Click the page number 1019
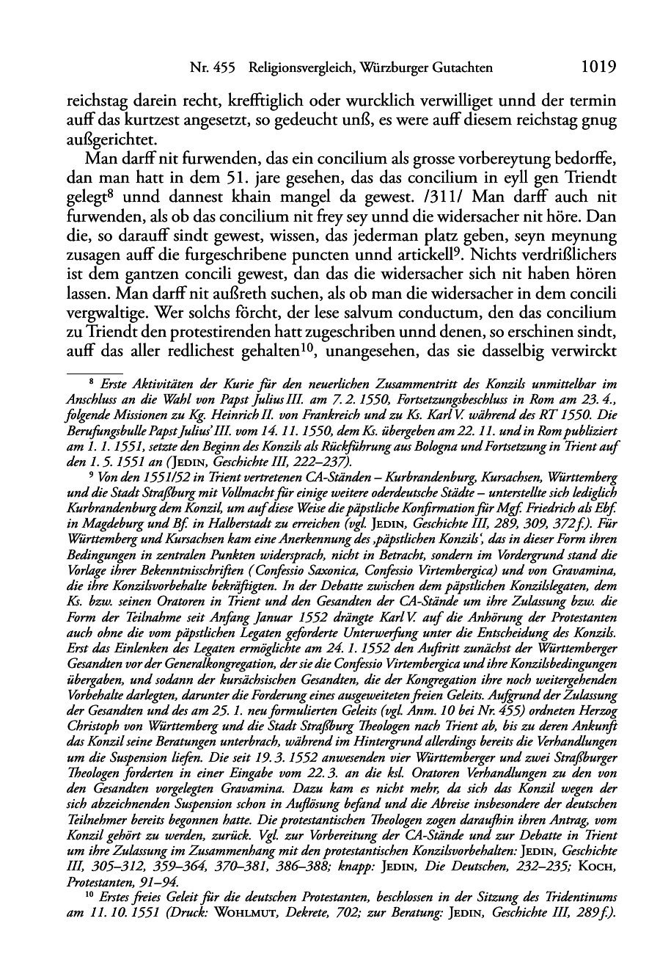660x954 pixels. pos(597,68)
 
